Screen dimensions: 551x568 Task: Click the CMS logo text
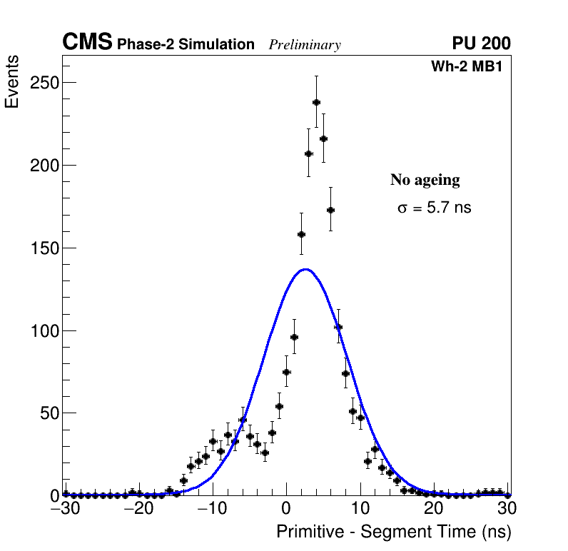point(87,43)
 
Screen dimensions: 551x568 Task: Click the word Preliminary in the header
point(305,45)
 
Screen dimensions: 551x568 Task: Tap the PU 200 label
point(481,44)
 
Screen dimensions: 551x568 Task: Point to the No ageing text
point(425,180)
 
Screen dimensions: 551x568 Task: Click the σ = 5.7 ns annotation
point(434,208)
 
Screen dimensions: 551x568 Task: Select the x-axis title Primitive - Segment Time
point(393,532)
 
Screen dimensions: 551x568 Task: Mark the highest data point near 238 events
point(316,102)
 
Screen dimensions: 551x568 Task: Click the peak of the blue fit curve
point(305,269)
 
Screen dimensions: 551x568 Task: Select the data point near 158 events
point(301,234)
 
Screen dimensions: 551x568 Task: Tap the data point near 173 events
point(330,210)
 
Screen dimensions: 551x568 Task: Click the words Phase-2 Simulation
point(186,45)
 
